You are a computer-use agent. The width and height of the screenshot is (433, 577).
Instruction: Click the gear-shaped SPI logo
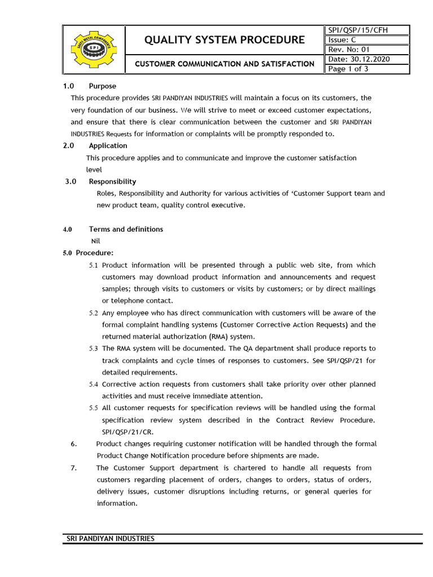point(92,49)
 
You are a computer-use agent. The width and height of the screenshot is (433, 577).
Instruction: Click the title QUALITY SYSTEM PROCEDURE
point(224,40)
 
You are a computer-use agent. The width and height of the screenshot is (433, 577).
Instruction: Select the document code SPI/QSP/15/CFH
point(357,30)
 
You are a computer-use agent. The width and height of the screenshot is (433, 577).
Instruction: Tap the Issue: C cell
point(342,40)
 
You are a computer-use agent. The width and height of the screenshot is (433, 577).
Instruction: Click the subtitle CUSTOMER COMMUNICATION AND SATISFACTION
point(224,64)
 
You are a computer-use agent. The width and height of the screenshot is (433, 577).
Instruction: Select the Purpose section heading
point(102,86)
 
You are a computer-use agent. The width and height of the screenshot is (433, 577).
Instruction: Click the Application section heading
point(108,145)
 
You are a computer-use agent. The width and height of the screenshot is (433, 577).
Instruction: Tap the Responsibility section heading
point(112,181)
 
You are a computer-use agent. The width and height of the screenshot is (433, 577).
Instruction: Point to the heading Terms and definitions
point(126,229)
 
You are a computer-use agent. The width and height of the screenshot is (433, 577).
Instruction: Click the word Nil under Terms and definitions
point(96,241)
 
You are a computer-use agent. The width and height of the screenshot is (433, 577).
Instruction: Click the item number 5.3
point(93,349)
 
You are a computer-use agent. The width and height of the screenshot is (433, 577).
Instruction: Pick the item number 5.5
point(93,408)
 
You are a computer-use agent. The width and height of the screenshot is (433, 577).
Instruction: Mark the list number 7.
point(74,468)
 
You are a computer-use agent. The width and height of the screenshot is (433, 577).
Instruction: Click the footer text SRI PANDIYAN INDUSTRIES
point(111,539)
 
